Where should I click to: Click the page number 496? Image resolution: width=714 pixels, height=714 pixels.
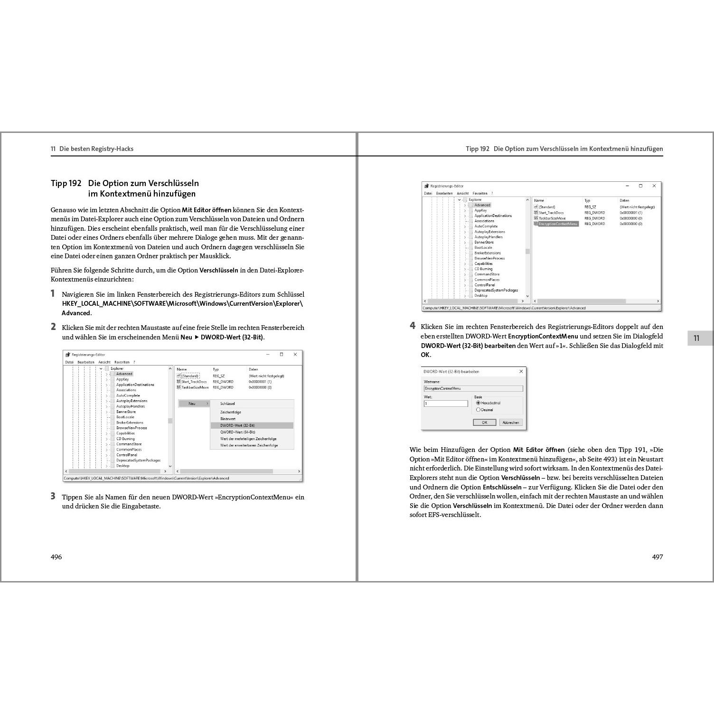click(x=56, y=557)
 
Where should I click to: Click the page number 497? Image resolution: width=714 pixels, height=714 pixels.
click(x=657, y=557)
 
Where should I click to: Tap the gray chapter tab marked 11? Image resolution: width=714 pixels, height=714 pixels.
click(x=696, y=338)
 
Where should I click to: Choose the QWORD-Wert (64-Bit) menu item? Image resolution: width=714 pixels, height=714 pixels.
click(x=237, y=432)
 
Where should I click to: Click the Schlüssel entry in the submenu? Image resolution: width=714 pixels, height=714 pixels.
click(x=227, y=404)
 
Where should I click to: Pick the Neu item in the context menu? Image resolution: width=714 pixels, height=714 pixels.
click(x=192, y=404)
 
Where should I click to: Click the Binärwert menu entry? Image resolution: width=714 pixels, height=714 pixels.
click(x=228, y=419)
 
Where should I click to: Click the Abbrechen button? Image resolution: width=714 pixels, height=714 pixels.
click(x=511, y=423)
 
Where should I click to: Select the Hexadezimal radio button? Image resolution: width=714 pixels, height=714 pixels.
click(x=479, y=403)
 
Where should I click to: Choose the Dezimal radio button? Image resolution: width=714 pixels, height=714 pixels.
click(x=479, y=410)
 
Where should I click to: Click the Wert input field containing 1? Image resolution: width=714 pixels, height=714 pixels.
click(x=446, y=404)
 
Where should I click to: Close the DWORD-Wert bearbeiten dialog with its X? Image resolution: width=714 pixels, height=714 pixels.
click(x=521, y=371)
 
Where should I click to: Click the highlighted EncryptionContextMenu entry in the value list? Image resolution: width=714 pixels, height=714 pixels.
click(x=558, y=224)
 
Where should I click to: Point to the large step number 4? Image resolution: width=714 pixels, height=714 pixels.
click(x=413, y=326)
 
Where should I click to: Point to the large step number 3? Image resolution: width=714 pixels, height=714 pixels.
click(x=53, y=496)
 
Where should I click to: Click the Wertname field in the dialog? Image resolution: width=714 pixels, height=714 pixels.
click(x=473, y=388)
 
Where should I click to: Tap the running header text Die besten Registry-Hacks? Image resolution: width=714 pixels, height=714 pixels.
click(x=96, y=149)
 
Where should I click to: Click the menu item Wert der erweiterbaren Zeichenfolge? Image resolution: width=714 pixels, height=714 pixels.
click(x=249, y=445)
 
